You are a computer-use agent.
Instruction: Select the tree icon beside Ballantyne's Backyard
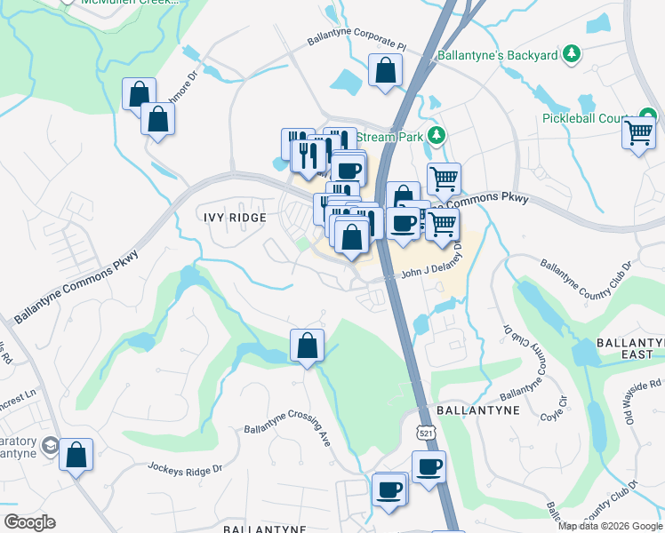[x=573, y=55]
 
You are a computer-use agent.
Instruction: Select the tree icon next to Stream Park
[x=436, y=136]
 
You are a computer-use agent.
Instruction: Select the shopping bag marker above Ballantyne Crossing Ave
[x=307, y=346]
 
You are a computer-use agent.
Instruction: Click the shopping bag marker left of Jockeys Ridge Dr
[x=76, y=456]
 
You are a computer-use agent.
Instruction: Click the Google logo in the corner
[x=29, y=522]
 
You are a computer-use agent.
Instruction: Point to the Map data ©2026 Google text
[x=610, y=526]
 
